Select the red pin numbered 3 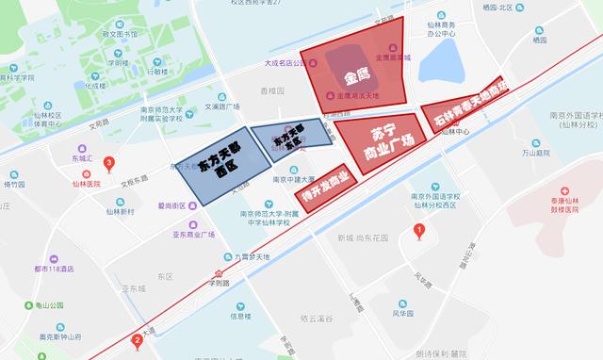(109, 164)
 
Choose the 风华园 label (405, 314)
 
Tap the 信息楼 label (241, 315)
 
